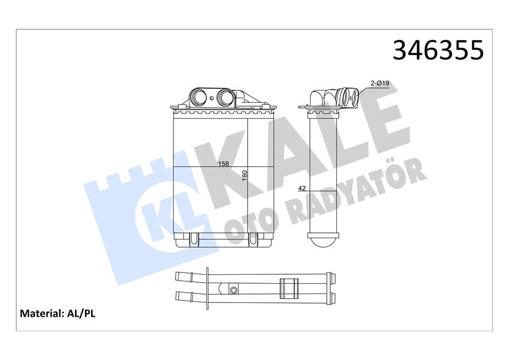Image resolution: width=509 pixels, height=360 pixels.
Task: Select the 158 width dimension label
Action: point(224,163)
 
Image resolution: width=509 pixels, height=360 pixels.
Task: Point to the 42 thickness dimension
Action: point(302,188)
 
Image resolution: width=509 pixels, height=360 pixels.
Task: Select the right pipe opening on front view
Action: point(225,97)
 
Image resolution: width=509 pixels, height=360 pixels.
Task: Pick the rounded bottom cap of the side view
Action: point(324,243)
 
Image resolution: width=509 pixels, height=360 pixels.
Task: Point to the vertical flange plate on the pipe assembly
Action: point(207,286)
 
